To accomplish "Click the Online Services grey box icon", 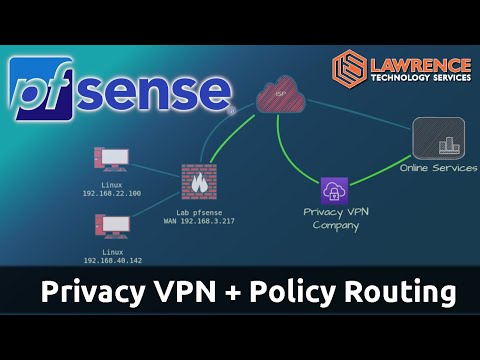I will (439, 139).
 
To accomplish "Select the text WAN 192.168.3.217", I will (199, 221).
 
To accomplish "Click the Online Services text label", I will (438, 168).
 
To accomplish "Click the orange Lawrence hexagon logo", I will (347, 66).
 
